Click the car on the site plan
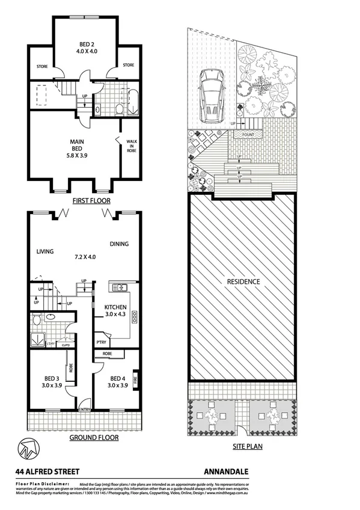click(211, 94)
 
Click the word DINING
click(120, 244)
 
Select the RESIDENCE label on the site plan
click(243, 281)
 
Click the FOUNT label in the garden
click(249, 135)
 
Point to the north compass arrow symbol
click(26, 449)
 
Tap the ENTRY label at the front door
click(87, 411)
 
